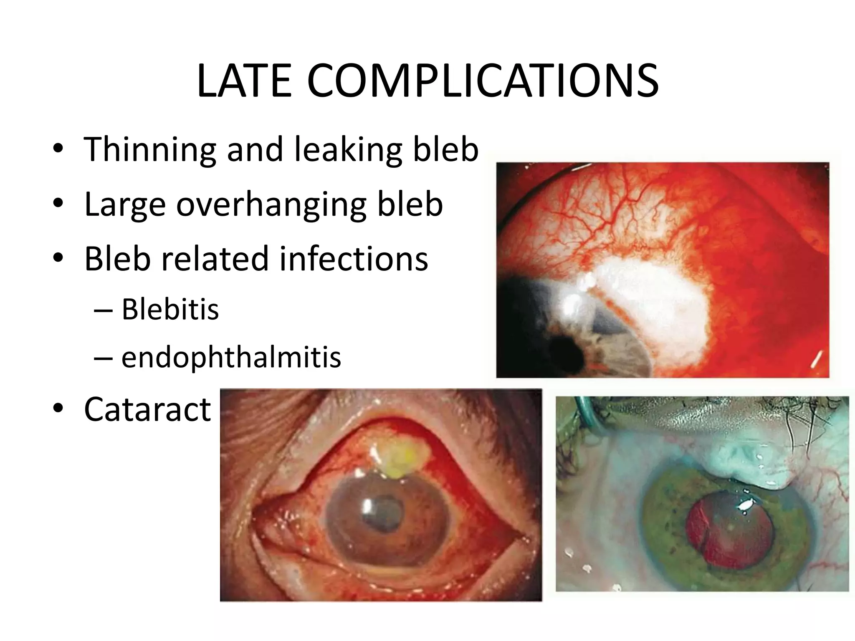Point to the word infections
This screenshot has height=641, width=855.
(354, 258)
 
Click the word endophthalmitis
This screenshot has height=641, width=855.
(231, 357)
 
